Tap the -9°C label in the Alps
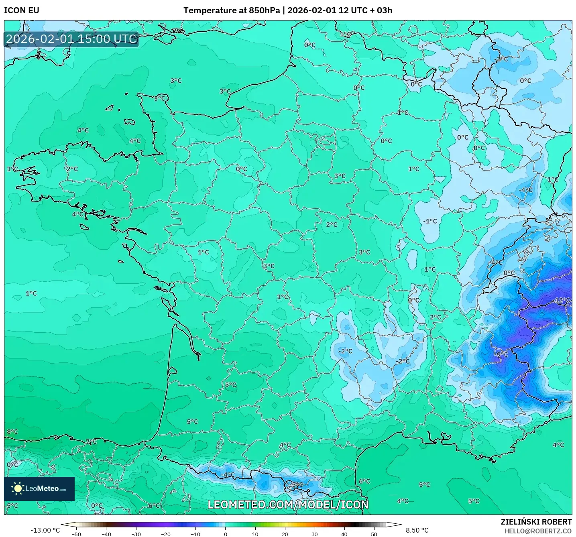502,354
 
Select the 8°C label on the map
12,431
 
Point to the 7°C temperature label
91,441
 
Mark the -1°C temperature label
430,221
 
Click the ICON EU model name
22,10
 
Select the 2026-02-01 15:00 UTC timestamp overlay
71,39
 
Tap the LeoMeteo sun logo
18,488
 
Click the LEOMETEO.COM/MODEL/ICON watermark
288,504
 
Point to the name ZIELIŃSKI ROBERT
536,522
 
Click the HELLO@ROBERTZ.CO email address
538,531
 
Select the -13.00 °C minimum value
45,530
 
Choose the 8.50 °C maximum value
417,530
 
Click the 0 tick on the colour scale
225,534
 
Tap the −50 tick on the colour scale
76,534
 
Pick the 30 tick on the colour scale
314,534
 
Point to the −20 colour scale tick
165,534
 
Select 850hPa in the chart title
264,10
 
